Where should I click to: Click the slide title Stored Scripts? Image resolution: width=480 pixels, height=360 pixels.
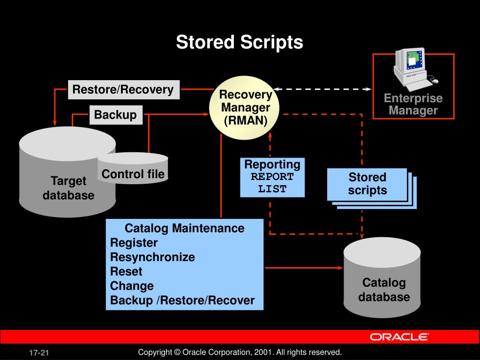tap(240, 43)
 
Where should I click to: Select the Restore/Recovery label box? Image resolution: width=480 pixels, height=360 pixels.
tap(123, 90)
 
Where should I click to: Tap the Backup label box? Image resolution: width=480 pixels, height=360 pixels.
tap(115, 115)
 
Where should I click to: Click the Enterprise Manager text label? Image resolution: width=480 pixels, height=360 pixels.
tap(413, 105)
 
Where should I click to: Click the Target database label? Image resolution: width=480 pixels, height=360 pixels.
tap(68, 188)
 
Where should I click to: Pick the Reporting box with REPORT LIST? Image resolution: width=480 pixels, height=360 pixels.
tap(272, 177)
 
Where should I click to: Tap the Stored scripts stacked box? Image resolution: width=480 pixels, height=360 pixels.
tap(367, 184)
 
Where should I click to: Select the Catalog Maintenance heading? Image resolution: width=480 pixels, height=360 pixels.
tap(184, 228)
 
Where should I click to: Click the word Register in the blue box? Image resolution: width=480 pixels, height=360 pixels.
tap(134, 243)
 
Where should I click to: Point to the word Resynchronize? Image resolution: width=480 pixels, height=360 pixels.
tap(152, 257)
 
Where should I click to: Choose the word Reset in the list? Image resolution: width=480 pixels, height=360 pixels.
tap(126, 271)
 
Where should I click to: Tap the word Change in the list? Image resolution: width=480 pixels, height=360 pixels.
tap(132, 286)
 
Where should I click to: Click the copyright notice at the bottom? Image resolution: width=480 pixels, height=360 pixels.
tap(240, 352)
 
